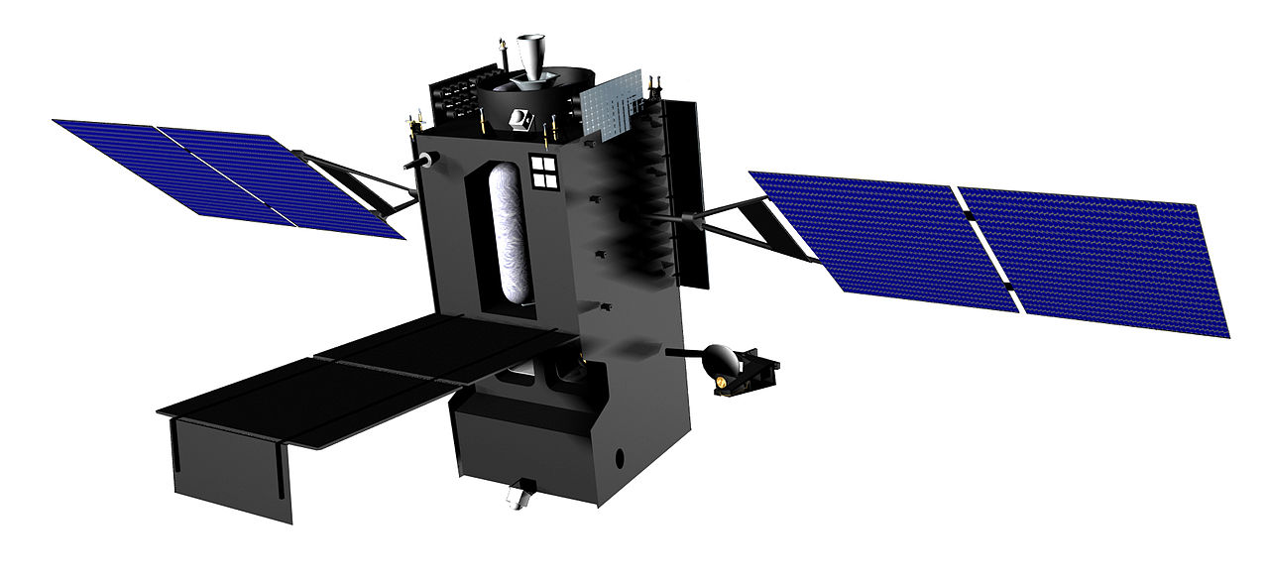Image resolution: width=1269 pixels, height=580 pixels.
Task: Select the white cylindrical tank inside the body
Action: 513,238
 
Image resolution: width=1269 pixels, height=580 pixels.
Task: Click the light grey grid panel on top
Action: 609,106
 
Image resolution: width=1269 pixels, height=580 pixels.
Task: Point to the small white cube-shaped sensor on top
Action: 519,119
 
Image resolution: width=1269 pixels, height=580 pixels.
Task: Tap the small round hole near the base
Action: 622,458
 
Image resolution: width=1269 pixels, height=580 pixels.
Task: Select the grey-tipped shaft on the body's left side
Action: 421,159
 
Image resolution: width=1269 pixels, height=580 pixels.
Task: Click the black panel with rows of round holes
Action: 452,98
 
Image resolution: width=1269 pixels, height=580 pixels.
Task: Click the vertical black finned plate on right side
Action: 683,188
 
